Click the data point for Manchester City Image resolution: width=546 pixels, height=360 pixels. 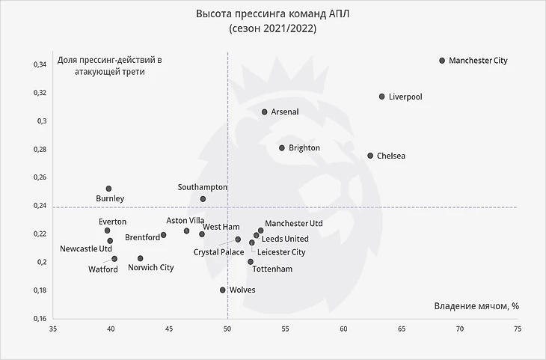442,61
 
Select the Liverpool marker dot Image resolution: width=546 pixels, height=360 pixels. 381,97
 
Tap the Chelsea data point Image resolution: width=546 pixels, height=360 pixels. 370,156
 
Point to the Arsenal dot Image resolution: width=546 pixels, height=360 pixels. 264,112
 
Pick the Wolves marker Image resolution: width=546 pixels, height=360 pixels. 223,290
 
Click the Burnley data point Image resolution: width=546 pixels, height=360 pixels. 108,189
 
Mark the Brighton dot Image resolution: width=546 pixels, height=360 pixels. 282,148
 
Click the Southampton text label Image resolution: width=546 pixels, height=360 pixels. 203,187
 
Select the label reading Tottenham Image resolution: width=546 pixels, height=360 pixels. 272,269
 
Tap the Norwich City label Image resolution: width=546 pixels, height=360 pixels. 150,267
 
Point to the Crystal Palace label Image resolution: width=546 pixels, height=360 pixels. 218,252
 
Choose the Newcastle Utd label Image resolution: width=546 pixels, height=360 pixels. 86,248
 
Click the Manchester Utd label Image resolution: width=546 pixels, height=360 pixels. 294,223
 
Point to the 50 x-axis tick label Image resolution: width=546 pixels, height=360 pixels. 227,328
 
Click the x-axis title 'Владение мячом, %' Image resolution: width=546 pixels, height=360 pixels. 476,306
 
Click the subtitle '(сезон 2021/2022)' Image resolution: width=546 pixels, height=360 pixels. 272,28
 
